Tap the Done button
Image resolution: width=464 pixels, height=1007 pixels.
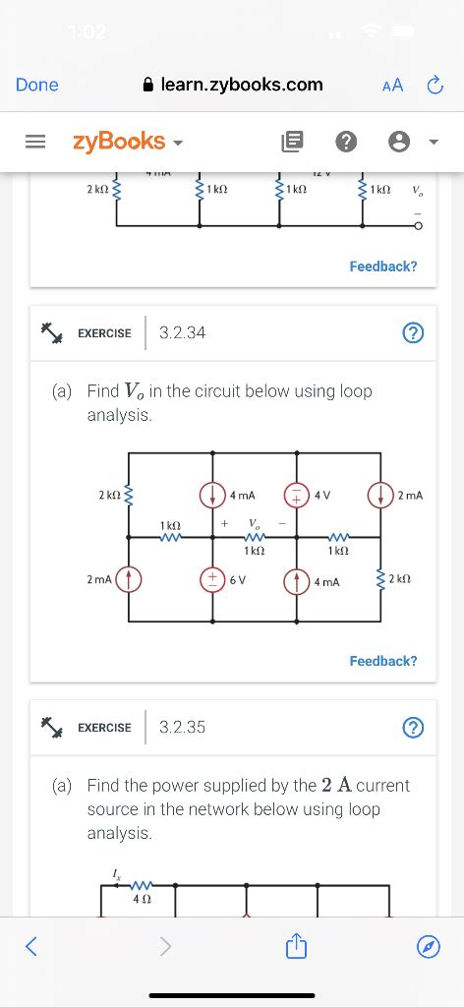pyautogui.click(x=37, y=86)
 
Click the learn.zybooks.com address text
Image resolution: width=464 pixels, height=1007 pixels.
pyautogui.click(x=242, y=86)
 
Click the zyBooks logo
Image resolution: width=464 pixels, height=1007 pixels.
pyautogui.click(x=118, y=142)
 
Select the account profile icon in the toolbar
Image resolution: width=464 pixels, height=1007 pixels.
pyautogui.click(x=399, y=143)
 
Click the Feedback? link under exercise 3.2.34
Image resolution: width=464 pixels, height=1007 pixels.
pyautogui.click(x=383, y=661)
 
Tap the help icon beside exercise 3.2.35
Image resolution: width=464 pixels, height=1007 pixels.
pyautogui.click(x=413, y=728)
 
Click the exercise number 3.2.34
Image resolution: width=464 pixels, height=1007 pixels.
pyautogui.click(x=182, y=333)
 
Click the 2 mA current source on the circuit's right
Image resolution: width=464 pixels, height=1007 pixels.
pyautogui.click(x=380, y=496)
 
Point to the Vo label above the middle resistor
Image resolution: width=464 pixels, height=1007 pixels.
pyautogui.click(x=254, y=523)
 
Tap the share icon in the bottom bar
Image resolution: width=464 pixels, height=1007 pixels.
pyautogui.click(x=295, y=946)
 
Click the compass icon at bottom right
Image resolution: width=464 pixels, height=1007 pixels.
pyautogui.click(x=428, y=947)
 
